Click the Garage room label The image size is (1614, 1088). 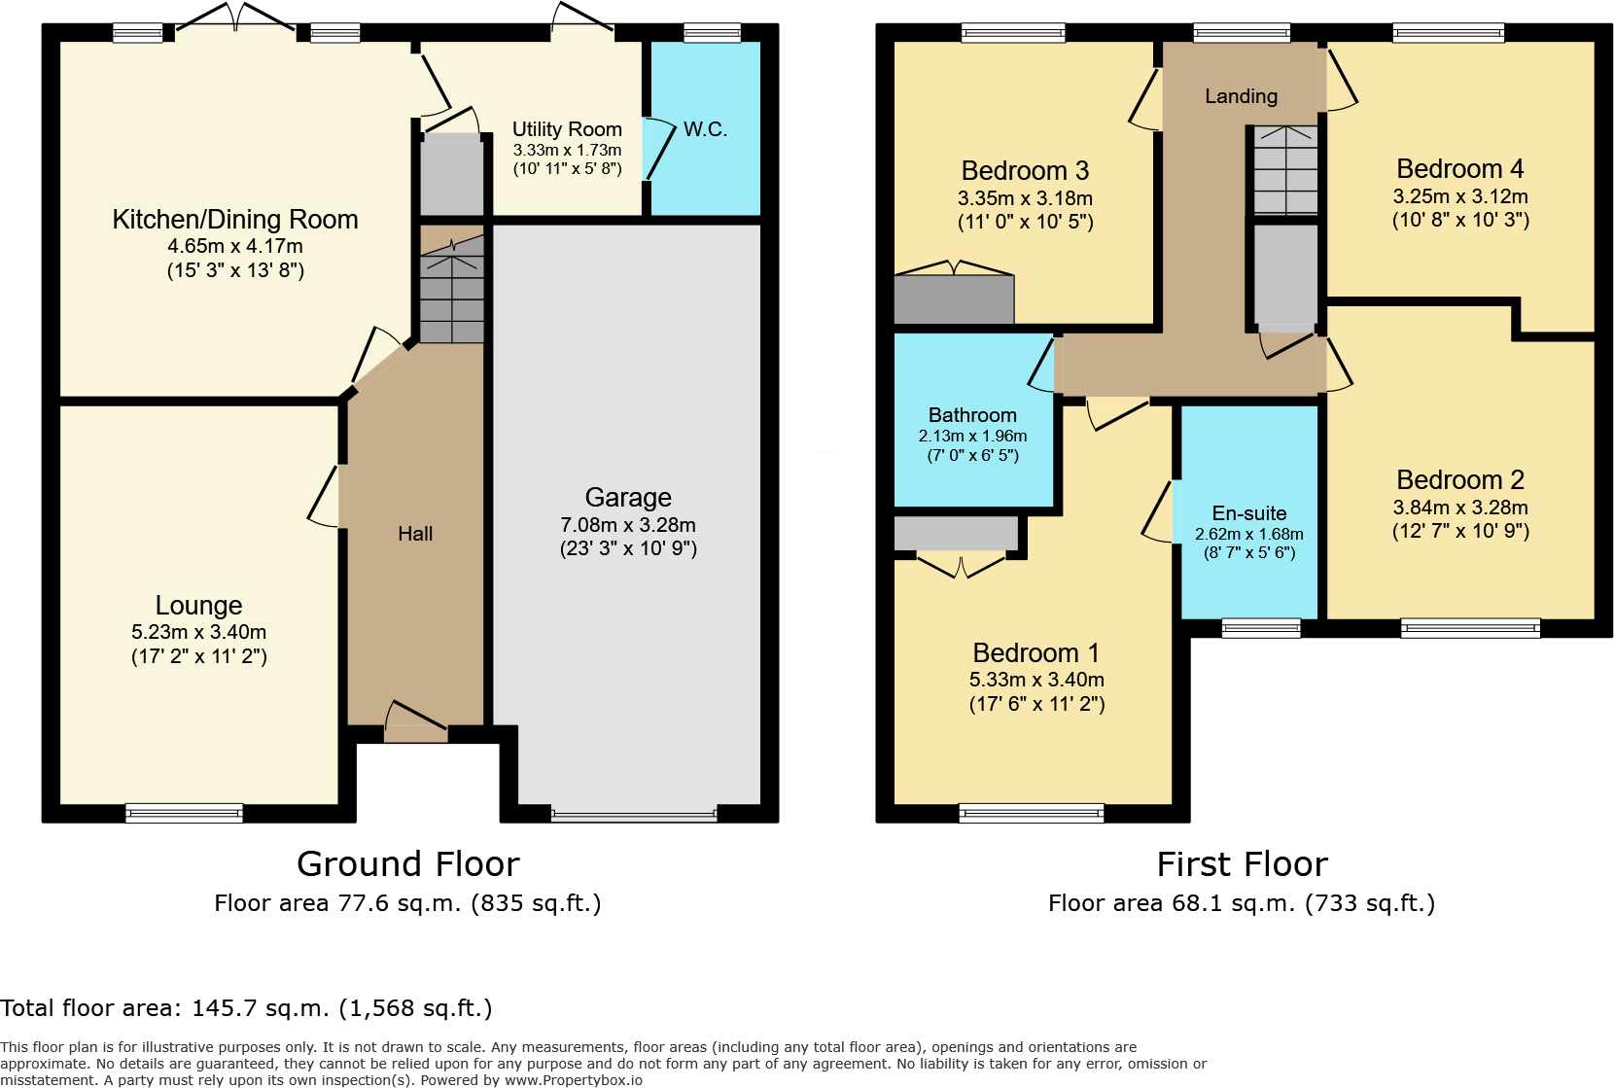tap(628, 498)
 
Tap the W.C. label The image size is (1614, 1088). tap(705, 129)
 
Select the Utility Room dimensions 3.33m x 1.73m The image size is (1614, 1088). tap(567, 150)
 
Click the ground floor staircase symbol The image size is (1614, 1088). tap(452, 288)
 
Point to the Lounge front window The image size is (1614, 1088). tap(184, 813)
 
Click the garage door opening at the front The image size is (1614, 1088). tap(633, 815)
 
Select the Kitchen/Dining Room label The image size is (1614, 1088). tap(234, 220)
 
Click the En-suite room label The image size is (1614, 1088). tap(1248, 513)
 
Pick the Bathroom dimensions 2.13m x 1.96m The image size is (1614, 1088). tap(972, 437)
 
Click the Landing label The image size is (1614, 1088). tap(1241, 96)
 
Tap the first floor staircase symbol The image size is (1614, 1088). tap(1285, 170)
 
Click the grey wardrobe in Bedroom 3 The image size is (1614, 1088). tap(954, 299)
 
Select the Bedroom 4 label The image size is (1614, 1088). tap(1459, 169)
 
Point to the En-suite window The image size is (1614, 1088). tap(1261, 627)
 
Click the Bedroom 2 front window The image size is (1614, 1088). tap(1470, 627)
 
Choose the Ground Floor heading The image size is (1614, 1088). tap(407, 864)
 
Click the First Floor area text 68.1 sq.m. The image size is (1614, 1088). tap(1241, 903)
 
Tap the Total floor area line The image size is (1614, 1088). tap(246, 1008)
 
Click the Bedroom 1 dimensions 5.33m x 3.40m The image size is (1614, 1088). tap(1036, 680)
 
